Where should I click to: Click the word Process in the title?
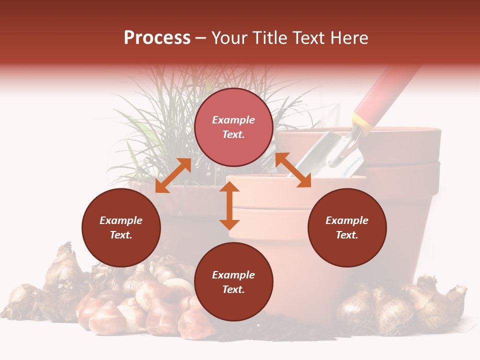click(157, 38)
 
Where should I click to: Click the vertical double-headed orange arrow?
click(229, 205)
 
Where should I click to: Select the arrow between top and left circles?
click(173, 175)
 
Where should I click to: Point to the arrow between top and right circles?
click(293, 170)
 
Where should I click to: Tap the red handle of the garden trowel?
click(387, 92)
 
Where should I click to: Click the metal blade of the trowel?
click(340, 152)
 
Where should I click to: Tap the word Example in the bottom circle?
click(233, 275)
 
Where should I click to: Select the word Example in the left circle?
click(121, 220)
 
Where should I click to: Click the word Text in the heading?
click(304, 38)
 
